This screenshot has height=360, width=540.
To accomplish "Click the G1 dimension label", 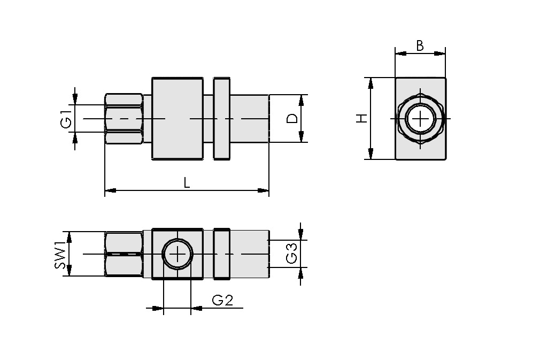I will pyautogui.click(x=66, y=119).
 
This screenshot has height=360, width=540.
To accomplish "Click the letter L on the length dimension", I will pyautogui.click(x=187, y=183).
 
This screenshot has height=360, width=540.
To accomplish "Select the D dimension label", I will pyautogui.click(x=292, y=118).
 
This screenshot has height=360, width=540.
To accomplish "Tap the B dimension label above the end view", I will pyautogui.click(x=420, y=46).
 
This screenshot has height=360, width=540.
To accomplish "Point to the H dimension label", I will pyautogui.click(x=362, y=118).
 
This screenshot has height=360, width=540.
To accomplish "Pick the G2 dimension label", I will pyautogui.click(x=222, y=301).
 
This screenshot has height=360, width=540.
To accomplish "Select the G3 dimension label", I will pyautogui.click(x=292, y=254).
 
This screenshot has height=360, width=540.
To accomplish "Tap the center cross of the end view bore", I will pyautogui.click(x=420, y=118).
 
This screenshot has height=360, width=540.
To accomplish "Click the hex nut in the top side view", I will pyautogui.click(x=124, y=118).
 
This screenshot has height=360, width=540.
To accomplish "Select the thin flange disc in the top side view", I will pyautogui.click(x=221, y=118).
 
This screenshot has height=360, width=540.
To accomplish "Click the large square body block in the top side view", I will pyautogui.click(x=177, y=118).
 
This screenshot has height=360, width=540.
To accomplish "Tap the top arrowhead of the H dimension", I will pyautogui.click(x=369, y=82).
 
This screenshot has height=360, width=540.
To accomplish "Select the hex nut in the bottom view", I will pyautogui.click(x=124, y=254).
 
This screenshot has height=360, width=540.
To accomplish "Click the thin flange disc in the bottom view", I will pyautogui.click(x=221, y=254).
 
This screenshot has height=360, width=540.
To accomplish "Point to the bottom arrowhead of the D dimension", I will pyautogui.click(x=302, y=137).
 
